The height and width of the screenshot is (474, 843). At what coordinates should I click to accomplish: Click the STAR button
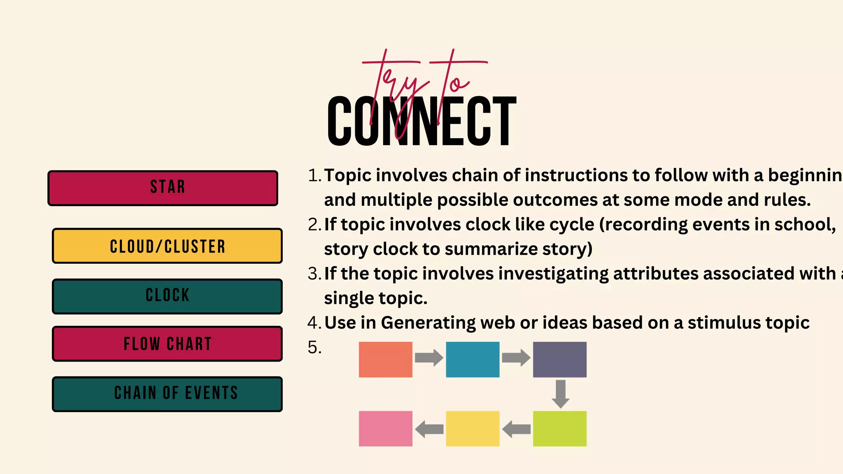[x=163, y=188]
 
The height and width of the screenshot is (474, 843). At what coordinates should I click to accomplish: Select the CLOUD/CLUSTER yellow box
[x=167, y=246]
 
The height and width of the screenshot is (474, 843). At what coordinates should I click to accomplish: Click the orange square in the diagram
[x=385, y=359]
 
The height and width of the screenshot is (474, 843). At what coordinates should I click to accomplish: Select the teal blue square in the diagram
[x=473, y=359]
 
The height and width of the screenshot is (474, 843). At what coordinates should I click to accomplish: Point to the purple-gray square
[x=559, y=359]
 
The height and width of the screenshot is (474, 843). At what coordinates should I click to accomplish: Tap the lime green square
[x=559, y=428]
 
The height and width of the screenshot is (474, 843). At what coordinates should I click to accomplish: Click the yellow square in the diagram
[x=473, y=428]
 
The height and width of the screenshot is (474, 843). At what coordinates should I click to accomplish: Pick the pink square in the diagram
[x=385, y=428]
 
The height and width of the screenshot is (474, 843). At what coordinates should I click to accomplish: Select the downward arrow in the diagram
[x=560, y=394]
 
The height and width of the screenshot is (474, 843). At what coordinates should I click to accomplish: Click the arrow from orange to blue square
[x=429, y=358]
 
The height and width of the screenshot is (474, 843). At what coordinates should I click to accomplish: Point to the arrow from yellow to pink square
[x=429, y=429]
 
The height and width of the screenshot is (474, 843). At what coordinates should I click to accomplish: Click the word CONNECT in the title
[x=421, y=121]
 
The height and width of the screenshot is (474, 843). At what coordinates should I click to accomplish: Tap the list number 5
[x=314, y=348]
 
